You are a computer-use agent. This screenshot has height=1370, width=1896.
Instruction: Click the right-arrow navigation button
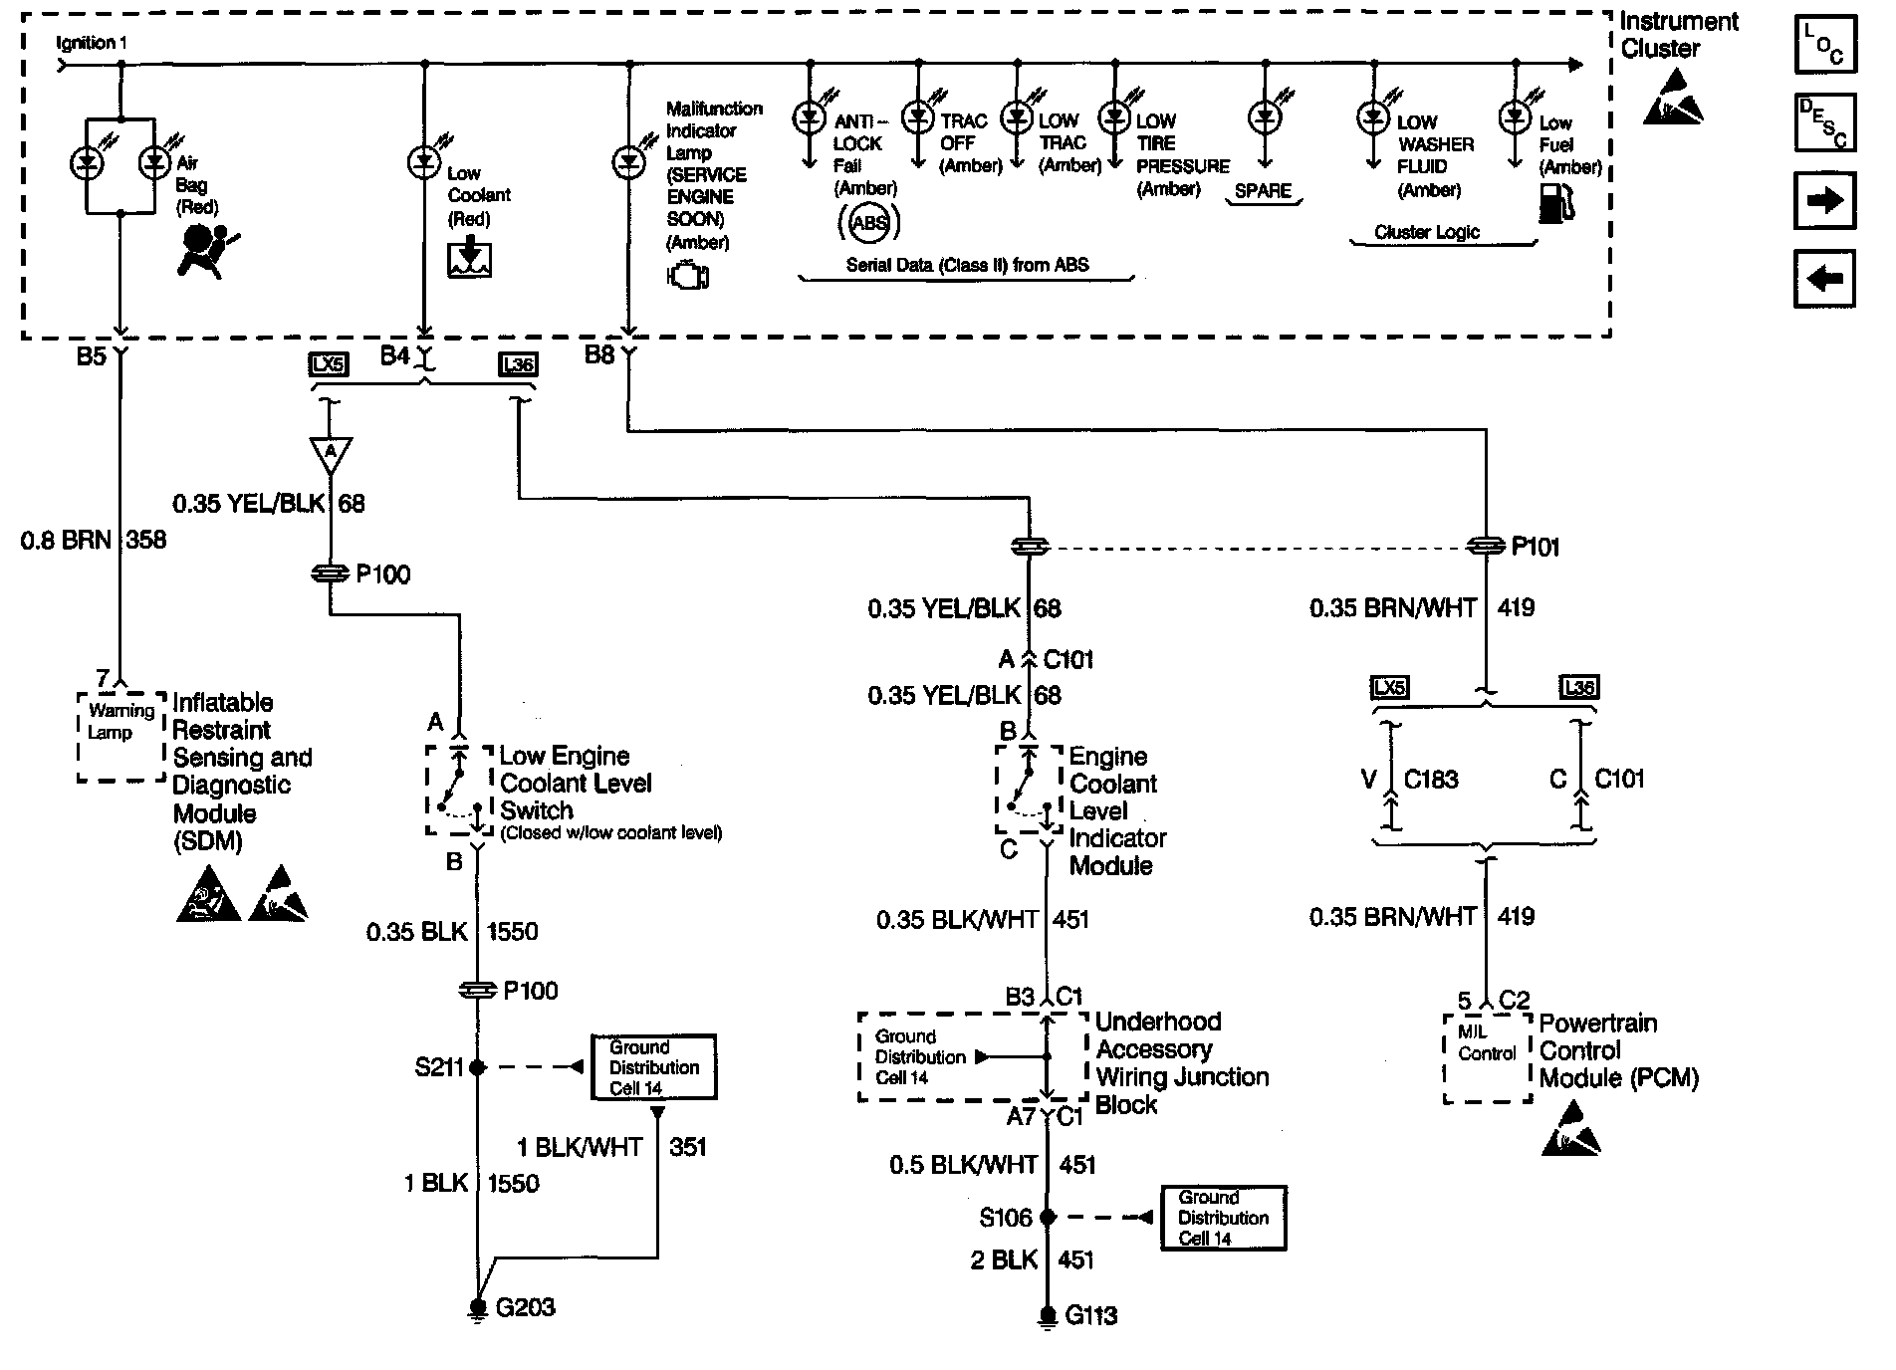(x=1825, y=200)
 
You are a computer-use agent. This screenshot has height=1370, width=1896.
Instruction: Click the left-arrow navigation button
(x=1825, y=279)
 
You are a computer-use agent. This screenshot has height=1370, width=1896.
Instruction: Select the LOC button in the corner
(x=1825, y=45)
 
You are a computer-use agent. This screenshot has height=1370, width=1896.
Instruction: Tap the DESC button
(x=1825, y=122)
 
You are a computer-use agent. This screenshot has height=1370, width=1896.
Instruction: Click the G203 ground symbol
(x=478, y=1309)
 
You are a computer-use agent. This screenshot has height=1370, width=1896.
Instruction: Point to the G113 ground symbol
(x=1047, y=1318)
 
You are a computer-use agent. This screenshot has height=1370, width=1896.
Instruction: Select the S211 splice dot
(x=478, y=1067)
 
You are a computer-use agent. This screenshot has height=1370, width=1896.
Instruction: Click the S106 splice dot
(x=1047, y=1217)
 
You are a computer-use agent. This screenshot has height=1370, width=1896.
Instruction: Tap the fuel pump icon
(x=1556, y=203)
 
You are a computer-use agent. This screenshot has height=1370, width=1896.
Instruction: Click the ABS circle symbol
(x=868, y=222)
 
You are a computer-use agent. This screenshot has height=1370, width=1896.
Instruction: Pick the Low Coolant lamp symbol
(x=424, y=160)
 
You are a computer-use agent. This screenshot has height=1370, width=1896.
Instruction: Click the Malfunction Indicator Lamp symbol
(x=628, y=161)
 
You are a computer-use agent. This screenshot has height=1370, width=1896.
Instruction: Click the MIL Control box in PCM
(x=1488, y=1058)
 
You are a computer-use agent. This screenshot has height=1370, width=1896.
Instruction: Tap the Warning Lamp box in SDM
(x=121, y=736)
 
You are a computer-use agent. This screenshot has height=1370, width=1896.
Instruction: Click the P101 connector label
(x=1535, y=547)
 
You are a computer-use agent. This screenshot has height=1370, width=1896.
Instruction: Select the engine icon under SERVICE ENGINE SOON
(x=688, y=275)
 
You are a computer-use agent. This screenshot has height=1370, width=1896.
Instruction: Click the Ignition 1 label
(x=92, y=44)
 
